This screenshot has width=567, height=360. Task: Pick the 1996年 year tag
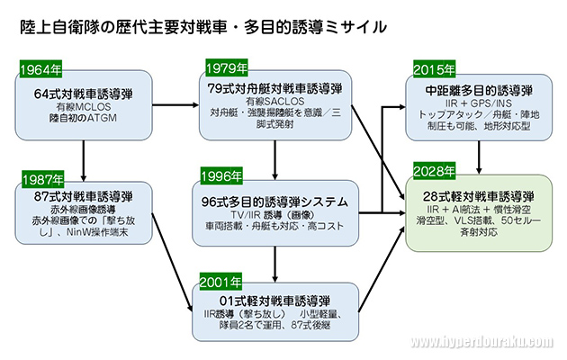click(x=222, y=175)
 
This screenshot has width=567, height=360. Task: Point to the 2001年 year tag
click(x=222, y=280)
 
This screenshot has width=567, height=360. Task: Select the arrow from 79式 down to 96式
click(x=274, y=157)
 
